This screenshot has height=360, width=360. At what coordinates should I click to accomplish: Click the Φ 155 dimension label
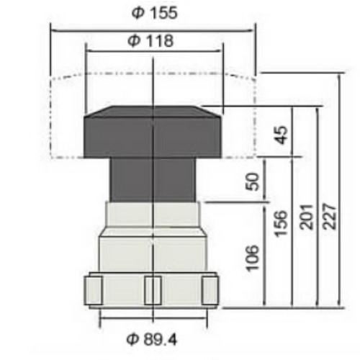click(x=155, y=13)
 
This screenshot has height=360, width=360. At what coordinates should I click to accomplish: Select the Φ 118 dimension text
click(x=150, y=41)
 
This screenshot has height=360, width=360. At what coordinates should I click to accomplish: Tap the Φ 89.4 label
click(x=152, y=339)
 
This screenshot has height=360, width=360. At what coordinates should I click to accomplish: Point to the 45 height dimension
click(x=281, y=135)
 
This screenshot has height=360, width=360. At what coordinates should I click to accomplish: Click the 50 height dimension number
click(x=253, y=181)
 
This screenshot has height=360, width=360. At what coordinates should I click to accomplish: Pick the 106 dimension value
click(x=253, y=258)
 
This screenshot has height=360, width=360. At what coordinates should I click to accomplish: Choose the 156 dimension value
click(x=281, y=224)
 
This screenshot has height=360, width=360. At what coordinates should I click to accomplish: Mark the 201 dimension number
click(x=307, y=217)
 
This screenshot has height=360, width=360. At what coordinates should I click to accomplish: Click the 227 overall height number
click(x=330, y=217)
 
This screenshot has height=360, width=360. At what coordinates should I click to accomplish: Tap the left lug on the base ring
click(x=94, y=290)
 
